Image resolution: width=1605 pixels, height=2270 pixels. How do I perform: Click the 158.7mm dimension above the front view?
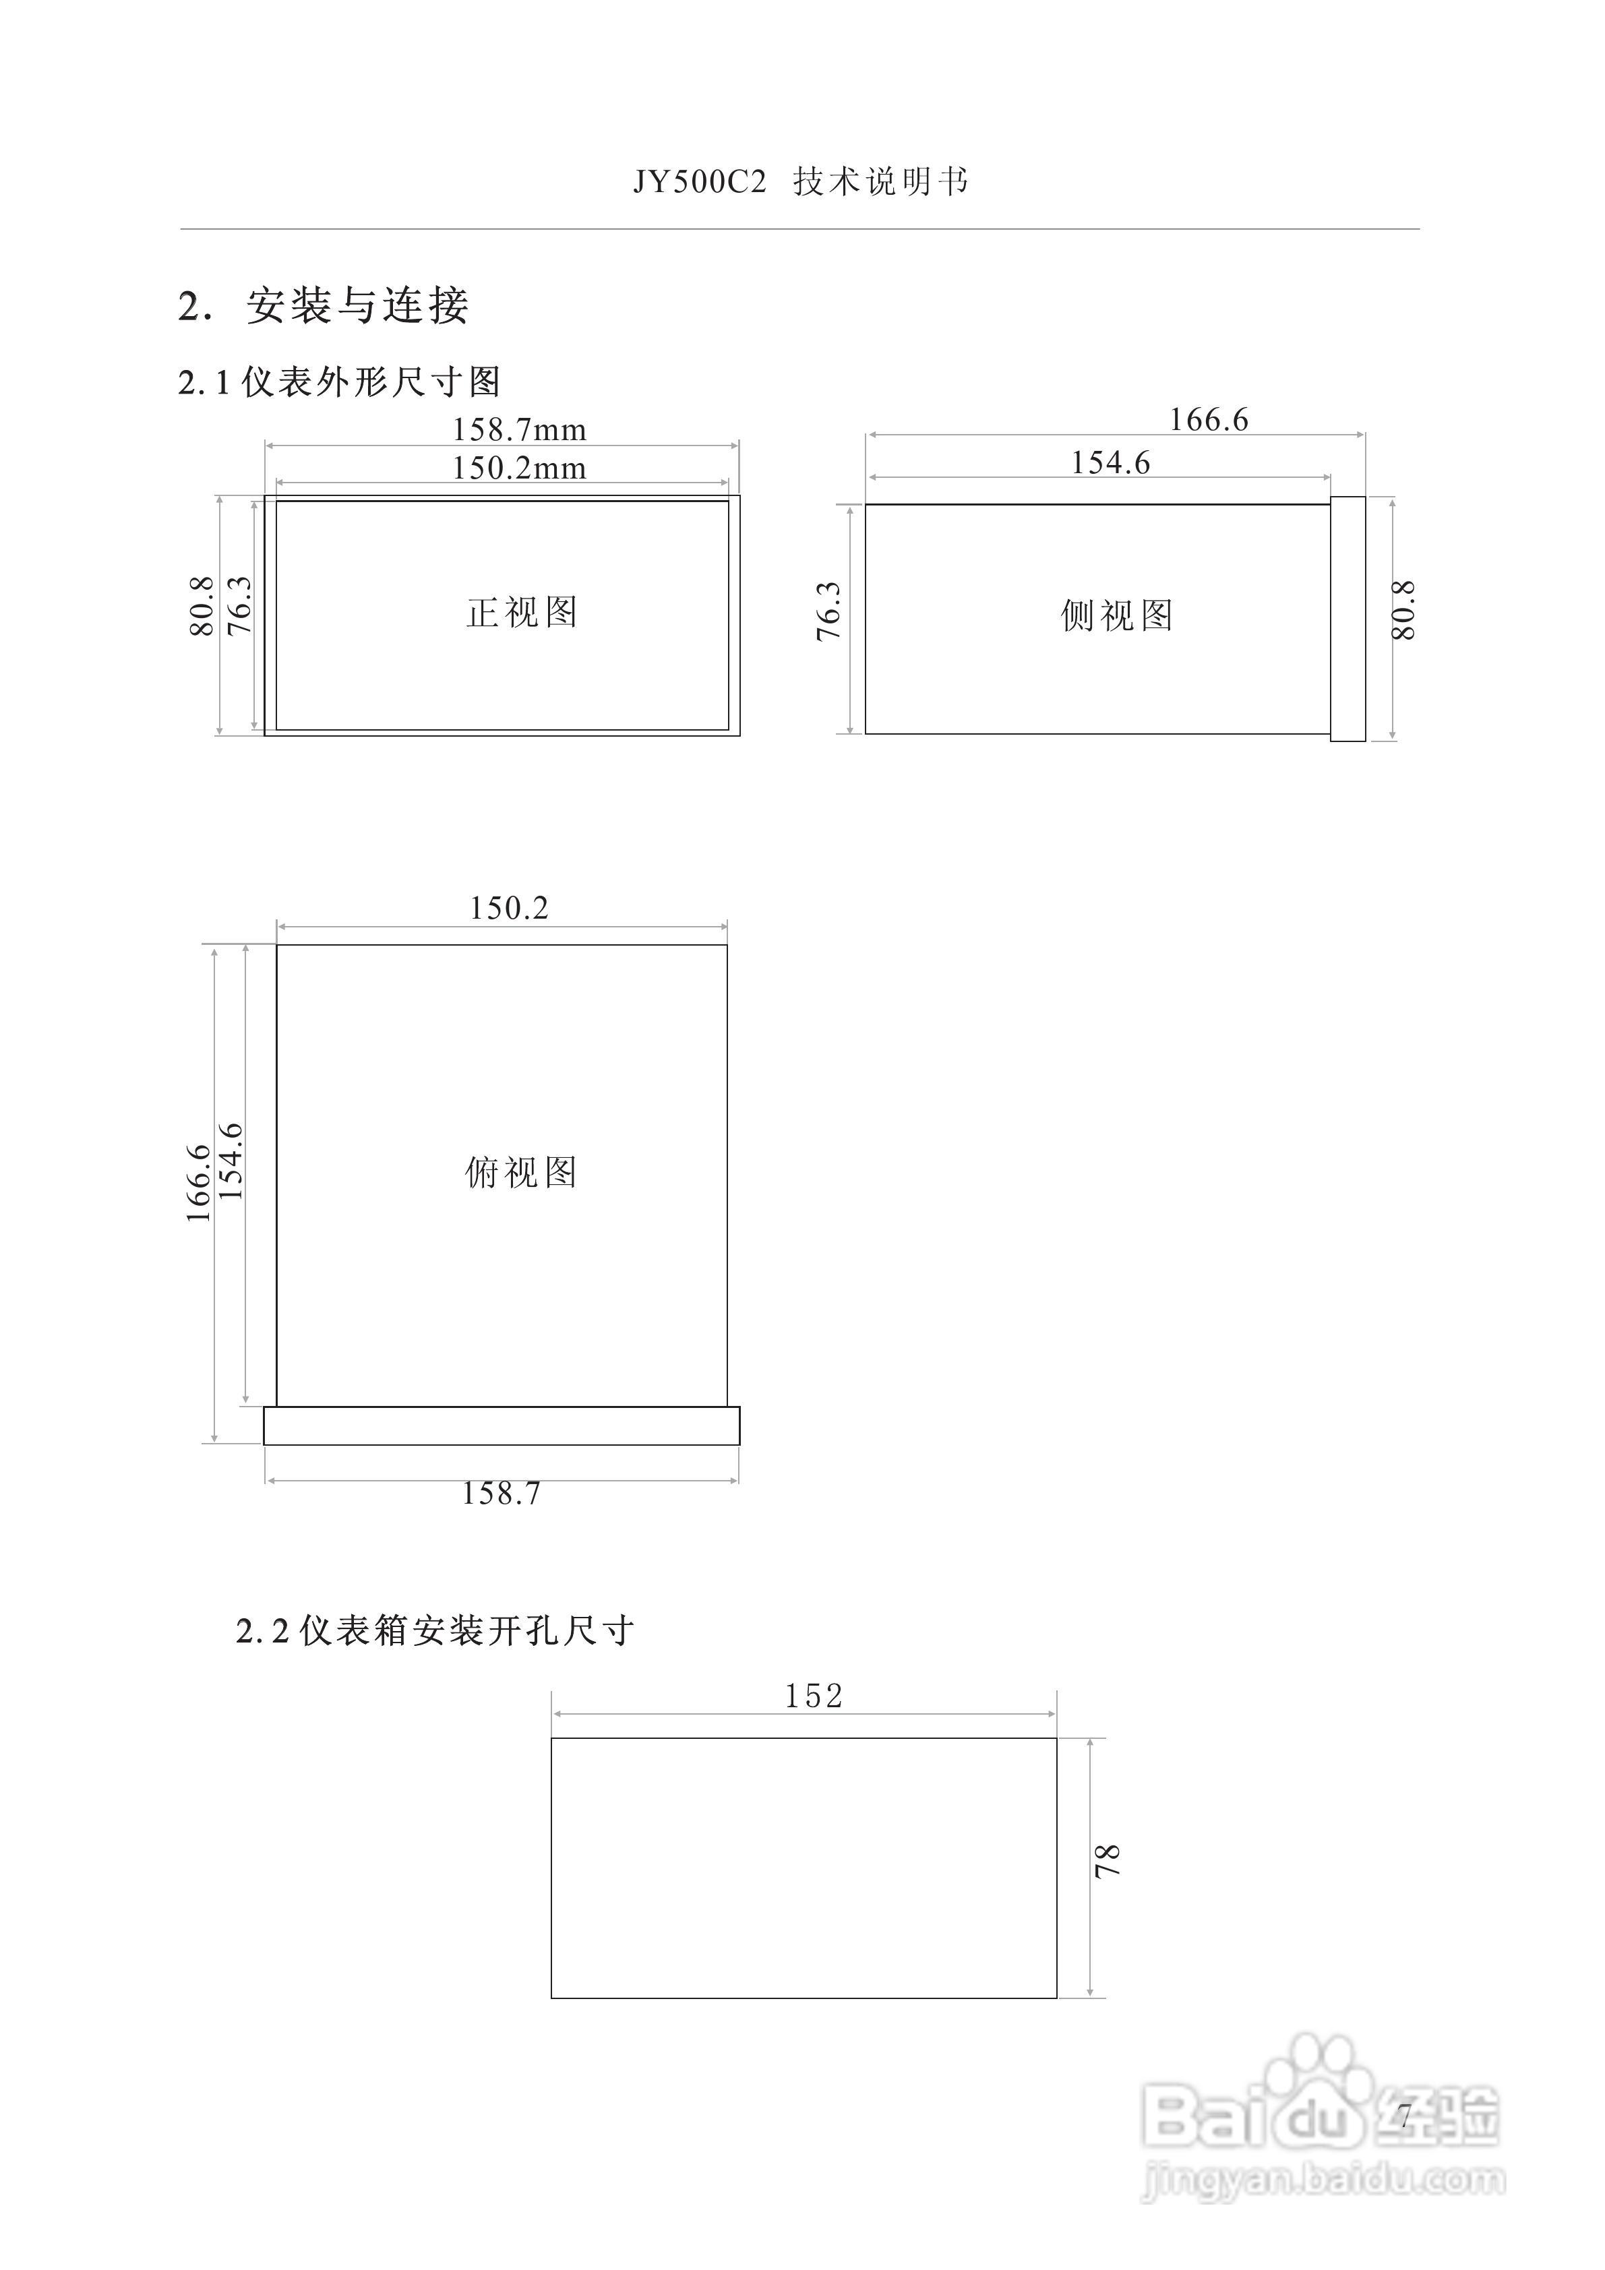[519, 430]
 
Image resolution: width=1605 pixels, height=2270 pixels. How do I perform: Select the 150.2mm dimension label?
[519, 468]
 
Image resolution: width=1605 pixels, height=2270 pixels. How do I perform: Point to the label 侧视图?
[1116, 616]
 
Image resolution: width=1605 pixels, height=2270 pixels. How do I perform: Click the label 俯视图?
[521, 1173]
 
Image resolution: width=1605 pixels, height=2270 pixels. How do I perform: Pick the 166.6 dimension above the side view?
[1209, 420]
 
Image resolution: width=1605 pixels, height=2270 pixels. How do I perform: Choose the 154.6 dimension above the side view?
[1110, 463]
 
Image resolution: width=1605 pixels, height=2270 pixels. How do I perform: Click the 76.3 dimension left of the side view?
[828, 612]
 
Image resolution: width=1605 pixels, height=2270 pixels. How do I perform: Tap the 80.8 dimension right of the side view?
[1404, 611]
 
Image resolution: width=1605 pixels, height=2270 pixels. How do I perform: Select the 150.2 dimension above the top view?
[508, 908]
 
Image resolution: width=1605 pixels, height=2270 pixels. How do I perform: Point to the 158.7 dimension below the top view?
[502, 1493]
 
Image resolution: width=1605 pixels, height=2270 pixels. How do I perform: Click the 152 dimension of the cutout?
[813, 1696]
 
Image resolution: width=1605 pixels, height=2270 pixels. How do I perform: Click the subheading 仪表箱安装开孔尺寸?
[466, 1630]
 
